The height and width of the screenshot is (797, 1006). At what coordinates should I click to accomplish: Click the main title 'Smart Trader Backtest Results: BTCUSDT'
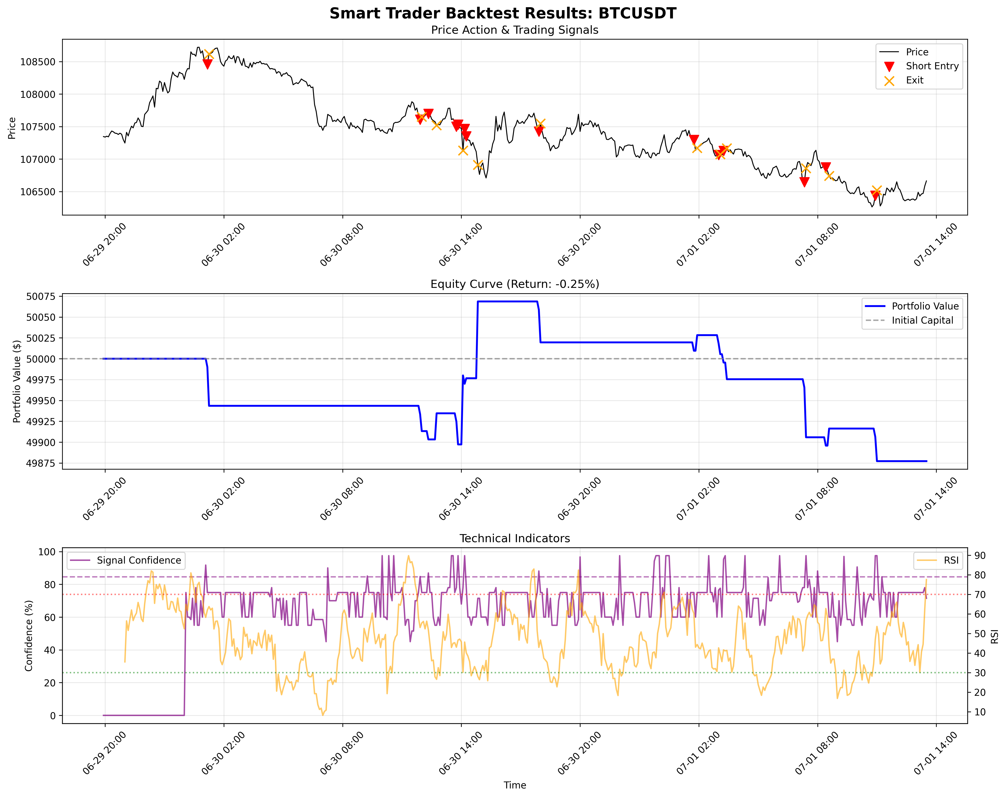[x=502, y=13]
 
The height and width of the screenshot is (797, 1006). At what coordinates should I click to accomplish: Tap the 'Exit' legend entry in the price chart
[x=915, y=80]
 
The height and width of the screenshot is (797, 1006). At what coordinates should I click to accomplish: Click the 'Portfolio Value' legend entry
[x=925, y=306]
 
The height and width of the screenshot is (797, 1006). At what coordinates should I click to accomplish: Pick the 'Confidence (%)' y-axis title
[x=29, y=636]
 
